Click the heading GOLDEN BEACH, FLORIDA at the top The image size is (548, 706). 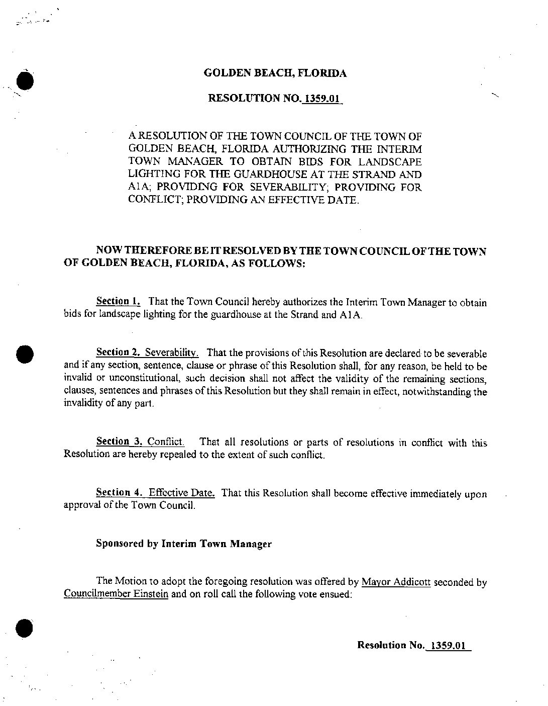click(275, 73)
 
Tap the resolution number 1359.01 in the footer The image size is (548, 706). click(446, 645)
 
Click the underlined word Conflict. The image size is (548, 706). click(166, 442)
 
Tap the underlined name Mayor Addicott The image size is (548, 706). click(396, 582)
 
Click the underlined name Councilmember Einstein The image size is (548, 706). click(116, 594)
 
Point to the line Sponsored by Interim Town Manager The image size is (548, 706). click(184, 544)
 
